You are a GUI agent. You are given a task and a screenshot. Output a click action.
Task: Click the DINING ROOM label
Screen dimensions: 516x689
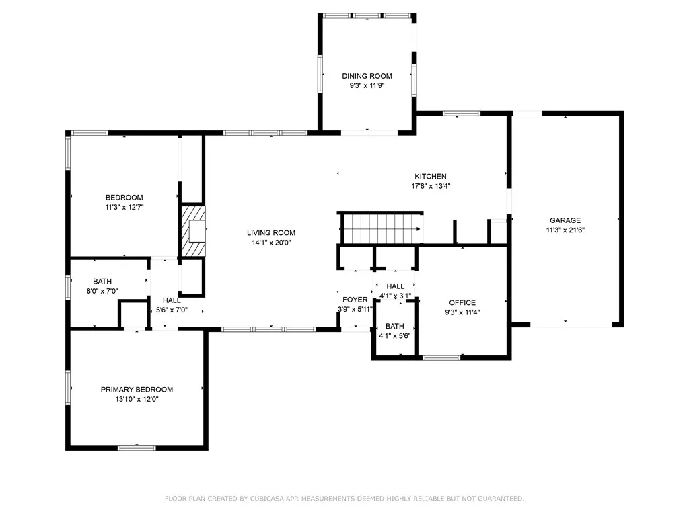367,76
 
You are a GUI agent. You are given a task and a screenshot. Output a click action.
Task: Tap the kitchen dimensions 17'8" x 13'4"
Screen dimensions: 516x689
431,186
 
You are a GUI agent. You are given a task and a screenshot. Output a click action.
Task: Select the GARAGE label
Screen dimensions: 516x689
565,220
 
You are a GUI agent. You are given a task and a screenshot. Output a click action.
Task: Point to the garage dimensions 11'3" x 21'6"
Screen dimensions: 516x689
565,230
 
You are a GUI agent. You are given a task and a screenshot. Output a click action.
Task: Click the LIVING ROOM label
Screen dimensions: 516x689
270,233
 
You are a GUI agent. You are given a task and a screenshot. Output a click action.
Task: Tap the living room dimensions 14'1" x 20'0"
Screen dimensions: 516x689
270,243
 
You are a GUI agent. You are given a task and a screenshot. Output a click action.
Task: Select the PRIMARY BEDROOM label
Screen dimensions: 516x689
137,390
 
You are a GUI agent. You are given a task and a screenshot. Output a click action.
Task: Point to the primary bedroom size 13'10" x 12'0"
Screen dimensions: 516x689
137,399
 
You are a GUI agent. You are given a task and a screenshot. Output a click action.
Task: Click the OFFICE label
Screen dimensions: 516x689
462,303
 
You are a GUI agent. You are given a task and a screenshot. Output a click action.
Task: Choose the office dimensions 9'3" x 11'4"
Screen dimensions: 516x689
462,312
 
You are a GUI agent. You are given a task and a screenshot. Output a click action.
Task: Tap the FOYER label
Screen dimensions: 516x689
355,300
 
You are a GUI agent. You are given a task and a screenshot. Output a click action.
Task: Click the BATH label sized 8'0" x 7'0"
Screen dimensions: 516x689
102,282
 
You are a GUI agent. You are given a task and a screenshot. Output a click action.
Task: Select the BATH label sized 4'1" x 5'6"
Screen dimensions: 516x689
395,326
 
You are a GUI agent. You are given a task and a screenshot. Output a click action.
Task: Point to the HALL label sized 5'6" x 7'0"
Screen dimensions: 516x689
171,300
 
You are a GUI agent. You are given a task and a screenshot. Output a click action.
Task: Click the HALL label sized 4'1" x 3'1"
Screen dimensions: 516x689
395,287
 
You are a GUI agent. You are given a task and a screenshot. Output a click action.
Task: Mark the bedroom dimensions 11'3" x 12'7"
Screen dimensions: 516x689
124,207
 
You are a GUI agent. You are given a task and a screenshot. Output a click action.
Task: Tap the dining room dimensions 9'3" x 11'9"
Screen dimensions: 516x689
367,85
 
